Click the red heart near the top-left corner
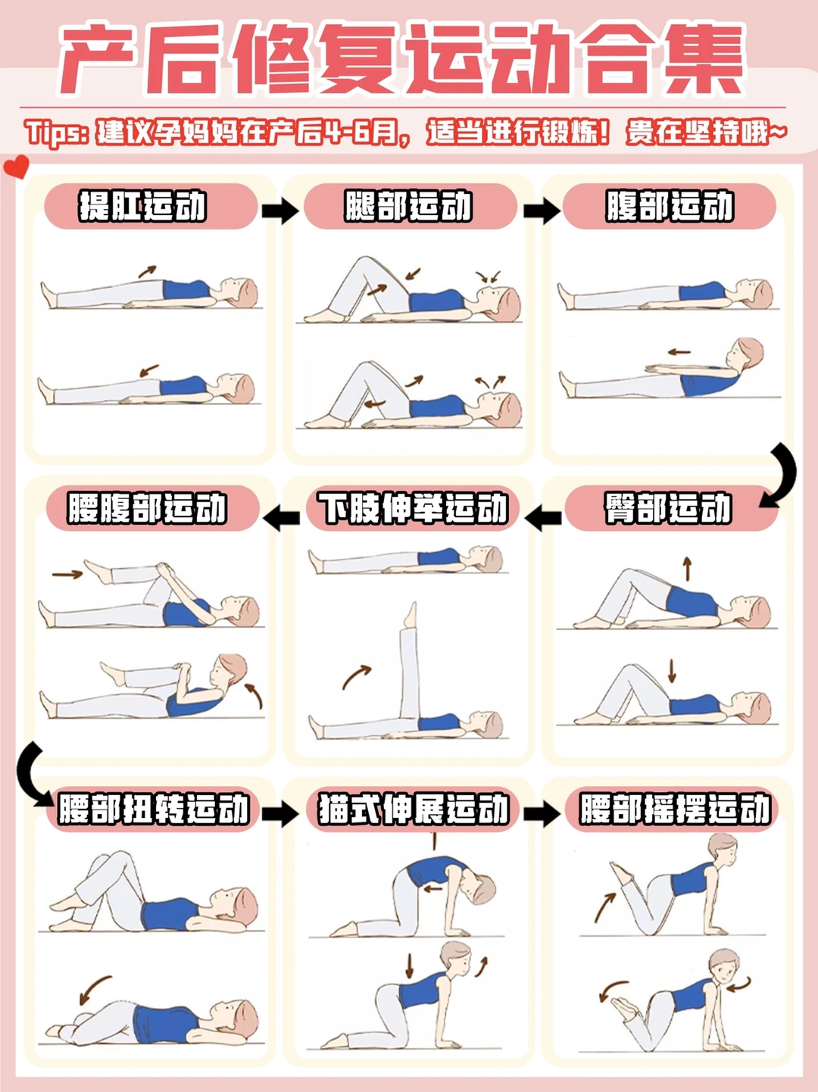tap(16, 166)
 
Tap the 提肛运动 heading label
tap(143, 205)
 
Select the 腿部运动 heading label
tap(408, 205)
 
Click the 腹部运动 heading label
tap(670, 205)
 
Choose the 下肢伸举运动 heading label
tap(413, 507)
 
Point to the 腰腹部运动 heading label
tap(147, 507)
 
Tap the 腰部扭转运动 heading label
tap(153, 809)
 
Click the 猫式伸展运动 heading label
tap(414, 809)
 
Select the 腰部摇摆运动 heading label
tap(675, 809)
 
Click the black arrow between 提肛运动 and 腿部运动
tap(280, 211)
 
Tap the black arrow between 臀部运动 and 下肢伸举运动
tap(543, 517)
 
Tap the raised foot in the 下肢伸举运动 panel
tap(411, 615)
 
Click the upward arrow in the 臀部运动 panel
tap(687, 569)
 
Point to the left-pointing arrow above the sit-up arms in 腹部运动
tap(679, 352)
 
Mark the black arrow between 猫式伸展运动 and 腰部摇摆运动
tap(542, 814)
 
